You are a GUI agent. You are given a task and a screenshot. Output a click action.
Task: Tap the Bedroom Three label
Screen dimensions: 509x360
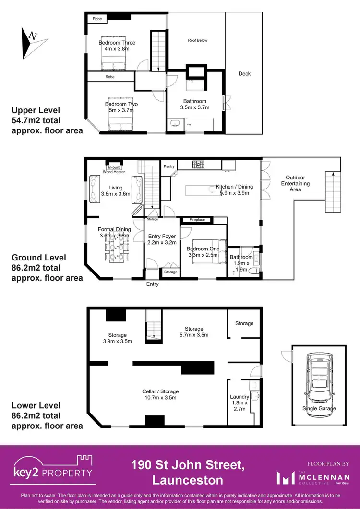click(x=117, y=46)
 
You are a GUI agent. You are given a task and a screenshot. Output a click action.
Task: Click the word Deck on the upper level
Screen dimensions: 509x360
click(x=244, y=74)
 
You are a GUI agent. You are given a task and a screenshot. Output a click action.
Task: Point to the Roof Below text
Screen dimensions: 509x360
click(x=197, y=40)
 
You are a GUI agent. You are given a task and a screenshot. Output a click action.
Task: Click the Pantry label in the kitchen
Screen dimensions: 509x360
click(x=168, y=166)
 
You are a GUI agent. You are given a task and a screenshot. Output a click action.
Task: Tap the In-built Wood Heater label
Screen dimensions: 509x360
click(x=114, y=168)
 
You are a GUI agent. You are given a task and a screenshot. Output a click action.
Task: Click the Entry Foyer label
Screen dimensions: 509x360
click(x=162, y=239)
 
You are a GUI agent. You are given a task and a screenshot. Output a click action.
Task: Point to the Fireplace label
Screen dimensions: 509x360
click(x=197, y=220)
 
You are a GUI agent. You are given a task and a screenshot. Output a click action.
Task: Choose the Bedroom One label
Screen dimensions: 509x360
click(x=203, y=252)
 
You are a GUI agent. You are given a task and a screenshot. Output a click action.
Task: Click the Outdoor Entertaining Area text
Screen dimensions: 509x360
click(x=295, y=183)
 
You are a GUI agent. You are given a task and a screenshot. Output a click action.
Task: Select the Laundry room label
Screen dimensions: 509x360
click(x=239, y=402)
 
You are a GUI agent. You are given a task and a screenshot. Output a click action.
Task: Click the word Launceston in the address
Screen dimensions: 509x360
click(x=188, y=480)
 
